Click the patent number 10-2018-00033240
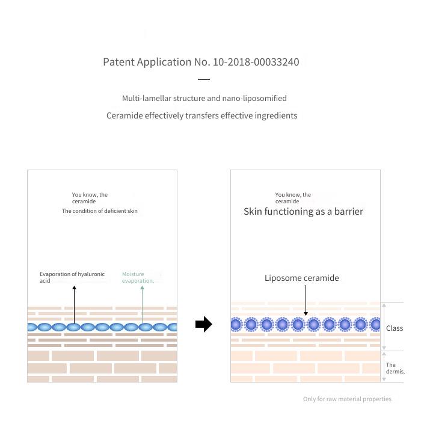tap(256, 62)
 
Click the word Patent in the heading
tap(118, 62)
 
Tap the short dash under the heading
tap(204, 79)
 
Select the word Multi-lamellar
tap(147, 98)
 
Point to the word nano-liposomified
tap(254, 99)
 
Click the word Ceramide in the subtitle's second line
tap(124, 115)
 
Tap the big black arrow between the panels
tap(204, 324)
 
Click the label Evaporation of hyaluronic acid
tap(72, 277)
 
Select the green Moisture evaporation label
tap(138, 277)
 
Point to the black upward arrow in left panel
tap(75, 304)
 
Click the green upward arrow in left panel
tap(143, 304)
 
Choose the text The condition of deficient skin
tap(100, 211)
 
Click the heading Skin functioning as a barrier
tap(303, 212)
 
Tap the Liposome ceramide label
tap(301, 278)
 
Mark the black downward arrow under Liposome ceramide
tap(306, 300)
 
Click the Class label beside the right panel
tap(395, 328)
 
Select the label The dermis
tap(396, 368)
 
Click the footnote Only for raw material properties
tap(347, 399)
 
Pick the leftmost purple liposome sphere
tap(236, 324)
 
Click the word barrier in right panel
tap(348, 212)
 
